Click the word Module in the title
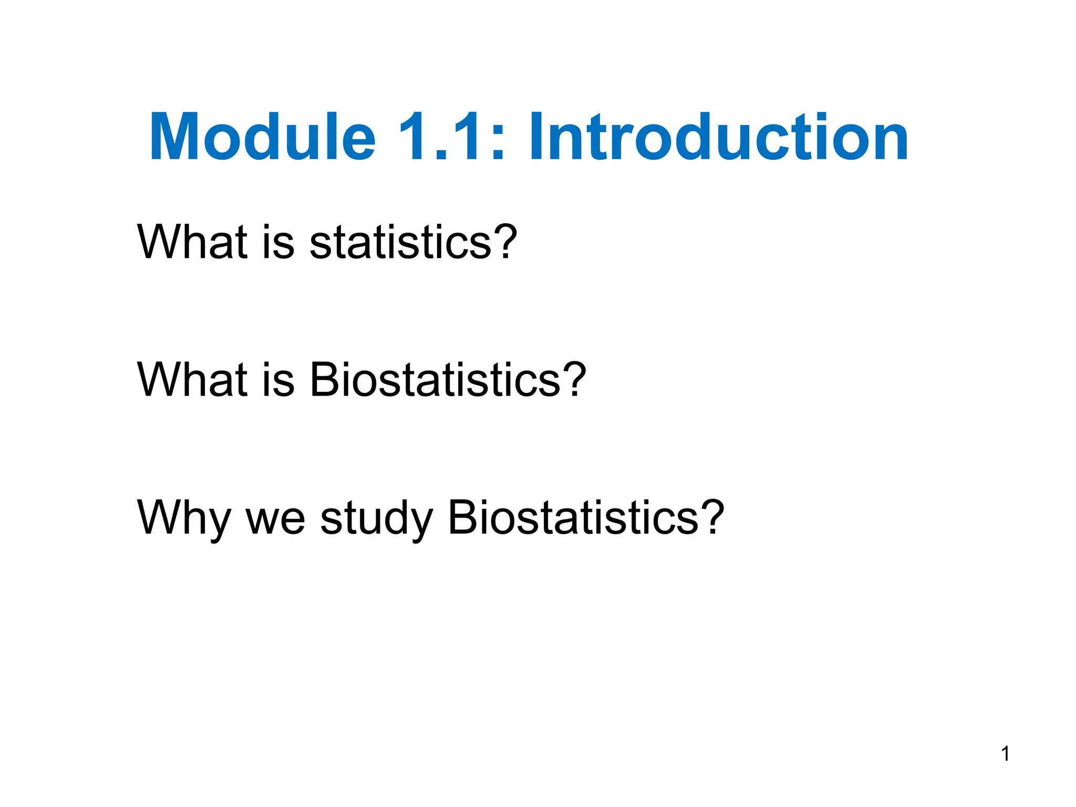point(263,138)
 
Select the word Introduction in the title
point(719,138)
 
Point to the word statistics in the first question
point(400,242)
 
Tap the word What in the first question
point(192,242)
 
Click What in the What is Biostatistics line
point(192,379)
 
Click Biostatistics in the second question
point(435,379)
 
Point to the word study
point(376,519)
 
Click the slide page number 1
point(1005,754)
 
